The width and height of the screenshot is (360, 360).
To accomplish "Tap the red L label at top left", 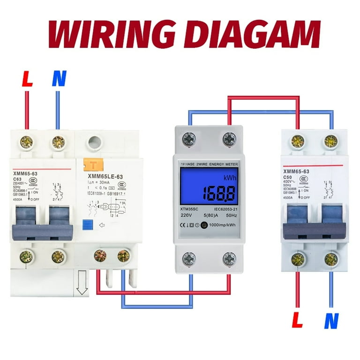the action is pos(27,79).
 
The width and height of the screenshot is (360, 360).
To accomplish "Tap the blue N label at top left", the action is pos(58,79).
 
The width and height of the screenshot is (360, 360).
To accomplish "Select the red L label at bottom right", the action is pos(297,321).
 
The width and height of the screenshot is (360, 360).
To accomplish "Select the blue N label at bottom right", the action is pos(331,321).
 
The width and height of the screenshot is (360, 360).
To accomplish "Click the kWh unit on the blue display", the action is pos(230,179).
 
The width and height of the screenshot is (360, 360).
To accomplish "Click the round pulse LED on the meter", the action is pos(203,225).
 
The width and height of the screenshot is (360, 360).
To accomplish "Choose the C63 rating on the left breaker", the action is pos(18,179).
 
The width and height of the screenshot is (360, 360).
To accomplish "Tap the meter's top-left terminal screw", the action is pos(189,138).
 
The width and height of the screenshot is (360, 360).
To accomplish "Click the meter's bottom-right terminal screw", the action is pos(229,258).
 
